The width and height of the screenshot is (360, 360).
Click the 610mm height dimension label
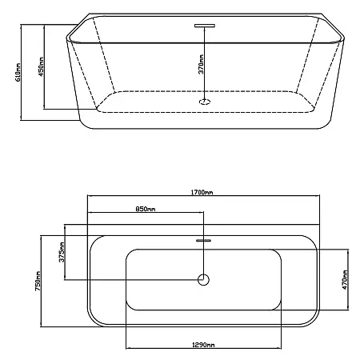[x=18, y=72]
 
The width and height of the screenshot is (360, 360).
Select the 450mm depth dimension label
[x=42, y=66]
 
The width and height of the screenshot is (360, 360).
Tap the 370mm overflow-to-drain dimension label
[x=202, y=64]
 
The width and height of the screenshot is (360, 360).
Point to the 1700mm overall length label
[x=202, y=192]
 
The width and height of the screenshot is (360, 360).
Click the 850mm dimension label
[x=146, y=209]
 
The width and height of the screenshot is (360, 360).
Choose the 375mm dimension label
[x=62, y=252]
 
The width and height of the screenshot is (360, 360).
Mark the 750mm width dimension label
[x=38, y=281]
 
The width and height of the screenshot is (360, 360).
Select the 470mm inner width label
[x=345, y=280]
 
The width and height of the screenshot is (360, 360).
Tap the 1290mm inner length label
[x=203, y=345]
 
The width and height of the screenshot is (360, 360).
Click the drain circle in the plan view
[x=203, y=280]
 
